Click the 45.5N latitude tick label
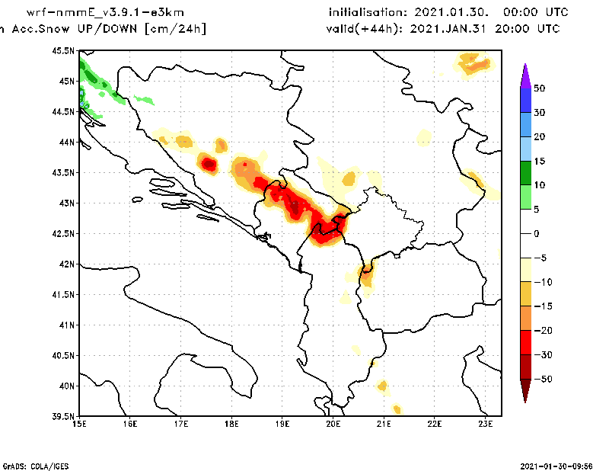(x=65, y=51)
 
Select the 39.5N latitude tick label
(x=65, y=416)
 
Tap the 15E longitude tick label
(x=79, y=424)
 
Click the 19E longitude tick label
(x=282, y=424)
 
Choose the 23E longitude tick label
(x=486, y=424)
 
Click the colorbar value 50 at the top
(x=540, y=88)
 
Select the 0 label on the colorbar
(x=537, y=234)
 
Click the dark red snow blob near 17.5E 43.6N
(x=209, y=164)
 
